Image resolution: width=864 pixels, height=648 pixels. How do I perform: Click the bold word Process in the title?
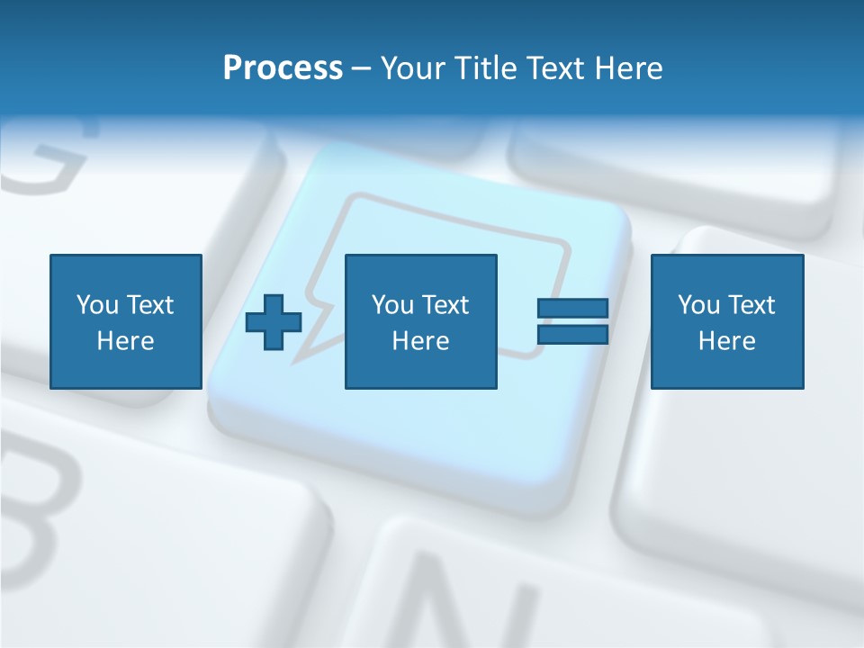point(283,68)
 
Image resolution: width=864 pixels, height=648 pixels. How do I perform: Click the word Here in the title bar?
point(629,68)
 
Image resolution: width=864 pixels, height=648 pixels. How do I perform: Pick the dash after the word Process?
point(361,69)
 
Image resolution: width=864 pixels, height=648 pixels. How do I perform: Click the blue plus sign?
point(274,322)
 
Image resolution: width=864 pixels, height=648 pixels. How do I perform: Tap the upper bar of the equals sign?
point(572,309)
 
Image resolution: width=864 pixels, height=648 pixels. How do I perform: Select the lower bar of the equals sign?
point(572,335)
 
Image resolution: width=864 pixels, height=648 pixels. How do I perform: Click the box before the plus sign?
point(126,321)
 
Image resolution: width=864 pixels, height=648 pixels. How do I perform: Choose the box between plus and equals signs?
point(420,321)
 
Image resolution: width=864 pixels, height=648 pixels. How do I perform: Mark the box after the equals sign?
point(727,321)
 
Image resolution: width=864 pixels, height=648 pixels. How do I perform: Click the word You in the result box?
point(698,305)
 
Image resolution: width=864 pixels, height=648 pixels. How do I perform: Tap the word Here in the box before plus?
point(126,341)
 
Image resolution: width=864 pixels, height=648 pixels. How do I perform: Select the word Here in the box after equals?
point(727,341)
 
